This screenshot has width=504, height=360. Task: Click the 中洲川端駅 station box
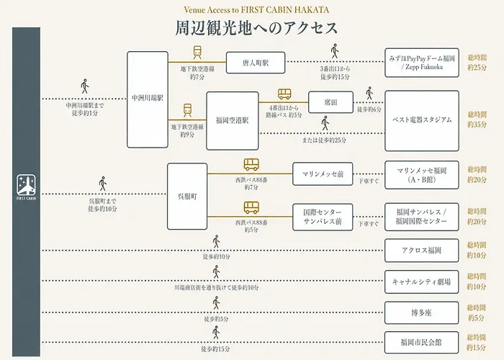coord(148,99)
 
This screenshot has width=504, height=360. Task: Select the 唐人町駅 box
coord(256,63)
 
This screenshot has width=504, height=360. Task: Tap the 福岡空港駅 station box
coord(233,121)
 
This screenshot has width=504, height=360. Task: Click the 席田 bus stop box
coord(330,102)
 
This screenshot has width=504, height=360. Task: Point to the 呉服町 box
coord(187,197)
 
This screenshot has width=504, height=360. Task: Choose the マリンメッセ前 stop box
coord(323,174)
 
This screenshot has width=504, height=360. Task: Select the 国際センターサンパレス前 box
coord(323,217)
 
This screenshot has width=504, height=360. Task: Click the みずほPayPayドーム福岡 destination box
coord(422,63)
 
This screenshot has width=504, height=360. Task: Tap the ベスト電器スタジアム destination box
coord(422,121)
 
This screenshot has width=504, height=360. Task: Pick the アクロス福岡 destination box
coord(422,251)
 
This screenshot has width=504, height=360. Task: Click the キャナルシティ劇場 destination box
coord(422,282)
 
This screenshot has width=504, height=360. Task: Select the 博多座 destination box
coord(422,312)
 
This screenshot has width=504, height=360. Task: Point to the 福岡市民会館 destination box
coord(422,343)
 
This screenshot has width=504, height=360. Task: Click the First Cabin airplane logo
coord(27,185)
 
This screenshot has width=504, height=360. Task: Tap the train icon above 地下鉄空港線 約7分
coord(197,52)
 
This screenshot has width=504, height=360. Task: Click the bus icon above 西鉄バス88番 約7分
coord(251,165)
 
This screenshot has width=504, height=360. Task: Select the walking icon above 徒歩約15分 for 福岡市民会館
coord(216,333)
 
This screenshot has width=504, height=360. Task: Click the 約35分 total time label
coord(477,125)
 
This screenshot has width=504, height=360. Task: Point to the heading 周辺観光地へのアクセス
coord(256,28)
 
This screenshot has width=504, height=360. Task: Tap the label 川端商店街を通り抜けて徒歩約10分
coord(216,288)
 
